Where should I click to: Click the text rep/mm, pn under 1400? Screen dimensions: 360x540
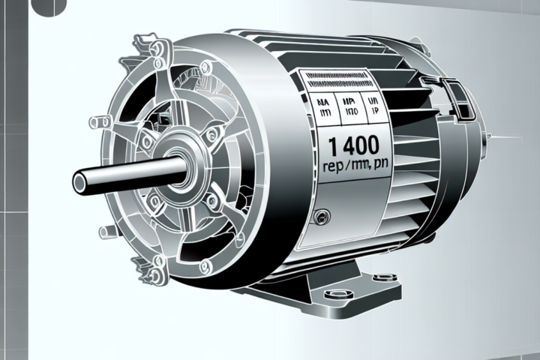(349, 167)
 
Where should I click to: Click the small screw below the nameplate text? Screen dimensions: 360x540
(322, 217)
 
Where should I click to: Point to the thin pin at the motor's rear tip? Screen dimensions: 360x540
(490, 136)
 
